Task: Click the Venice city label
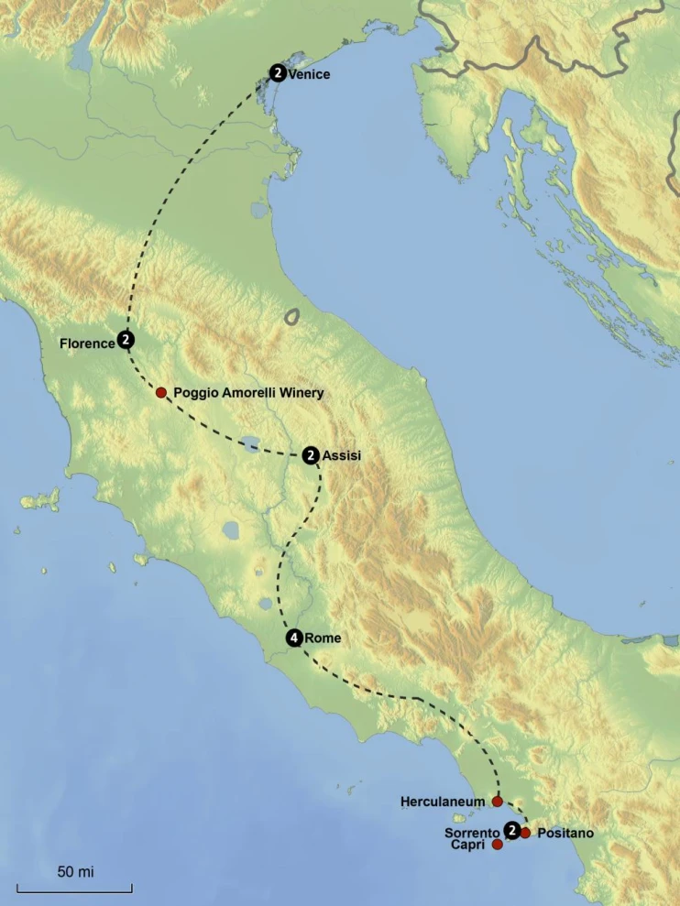click(x=309, y=74)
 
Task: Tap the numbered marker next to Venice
click(x=277, y=72)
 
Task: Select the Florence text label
click(x=87, y=344)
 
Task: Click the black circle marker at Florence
click(x=126, y=340)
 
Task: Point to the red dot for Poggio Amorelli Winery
click(x=161, y=392)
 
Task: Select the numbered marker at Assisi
click(x=311, y=454)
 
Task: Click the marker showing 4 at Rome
click(x=293, y=639)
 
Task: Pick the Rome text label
click(x=322, y=639)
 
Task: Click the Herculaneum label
click(x=443, y=802)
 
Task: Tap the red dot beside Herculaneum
click(x=497, y=802)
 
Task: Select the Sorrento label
click(x=471, y=833)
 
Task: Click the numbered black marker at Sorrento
click(x=512, y=830)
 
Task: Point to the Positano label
click(x=565, y=833)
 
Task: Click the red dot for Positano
click(x=525, y=833)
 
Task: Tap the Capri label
click(x=467, y=845)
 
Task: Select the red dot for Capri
click(x=497, y=845)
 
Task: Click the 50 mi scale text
click(x=75, y=871)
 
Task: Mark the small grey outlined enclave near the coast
click(x=292, y=317)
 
